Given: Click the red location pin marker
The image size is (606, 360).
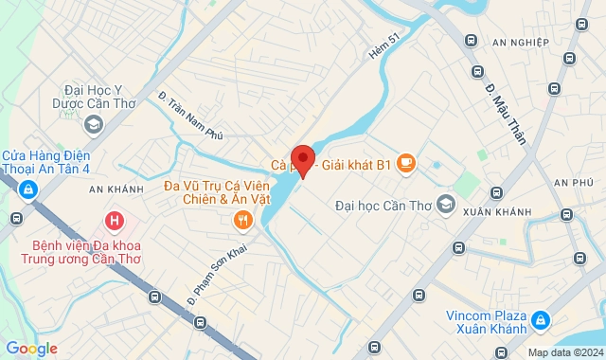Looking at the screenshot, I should click(x=303, y=159).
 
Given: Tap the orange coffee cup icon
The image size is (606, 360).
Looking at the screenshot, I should click(x=406, y=164).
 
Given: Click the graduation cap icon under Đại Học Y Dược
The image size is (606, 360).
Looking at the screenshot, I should click(x=94, y=124).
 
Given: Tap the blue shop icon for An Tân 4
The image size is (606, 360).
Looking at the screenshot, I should click(x=28, y=190).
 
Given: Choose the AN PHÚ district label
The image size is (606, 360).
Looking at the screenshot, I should click(x=573, y=182).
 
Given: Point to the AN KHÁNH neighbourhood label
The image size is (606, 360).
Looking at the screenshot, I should click(x=116, y=189).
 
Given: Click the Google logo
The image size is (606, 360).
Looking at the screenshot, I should click(x=31, y=348).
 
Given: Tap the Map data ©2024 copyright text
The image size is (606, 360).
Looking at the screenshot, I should click(x=563, y=352).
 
